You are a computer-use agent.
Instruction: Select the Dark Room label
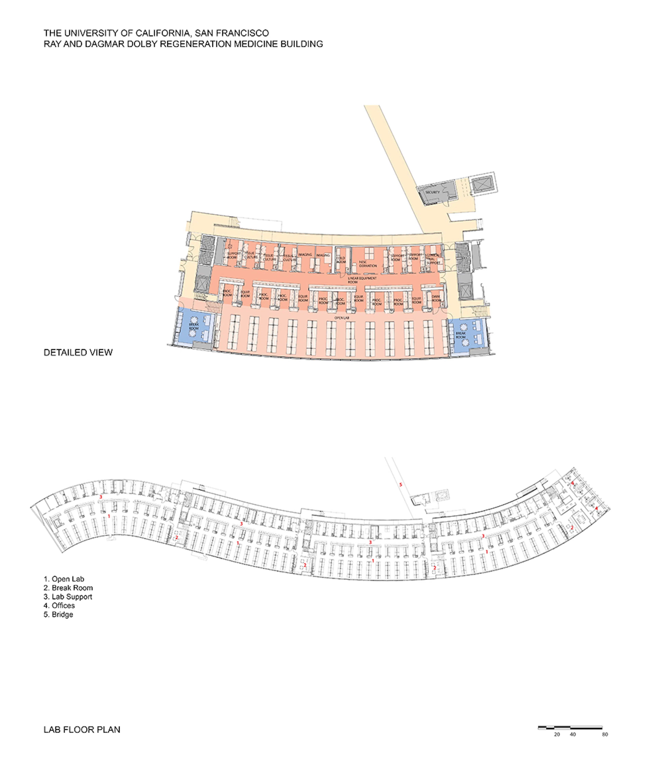click(x=436, y=298)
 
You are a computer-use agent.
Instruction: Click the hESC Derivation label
click(x=367, y=264)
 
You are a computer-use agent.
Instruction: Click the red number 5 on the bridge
click(x=400, y=485)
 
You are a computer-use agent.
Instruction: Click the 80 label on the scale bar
click(x=605, y=734)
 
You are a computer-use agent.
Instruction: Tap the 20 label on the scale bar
click(x=557, y=734)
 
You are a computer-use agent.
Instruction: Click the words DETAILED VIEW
click(x=78, y=353)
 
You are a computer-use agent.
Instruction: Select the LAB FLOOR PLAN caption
click(x=82, y=730)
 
